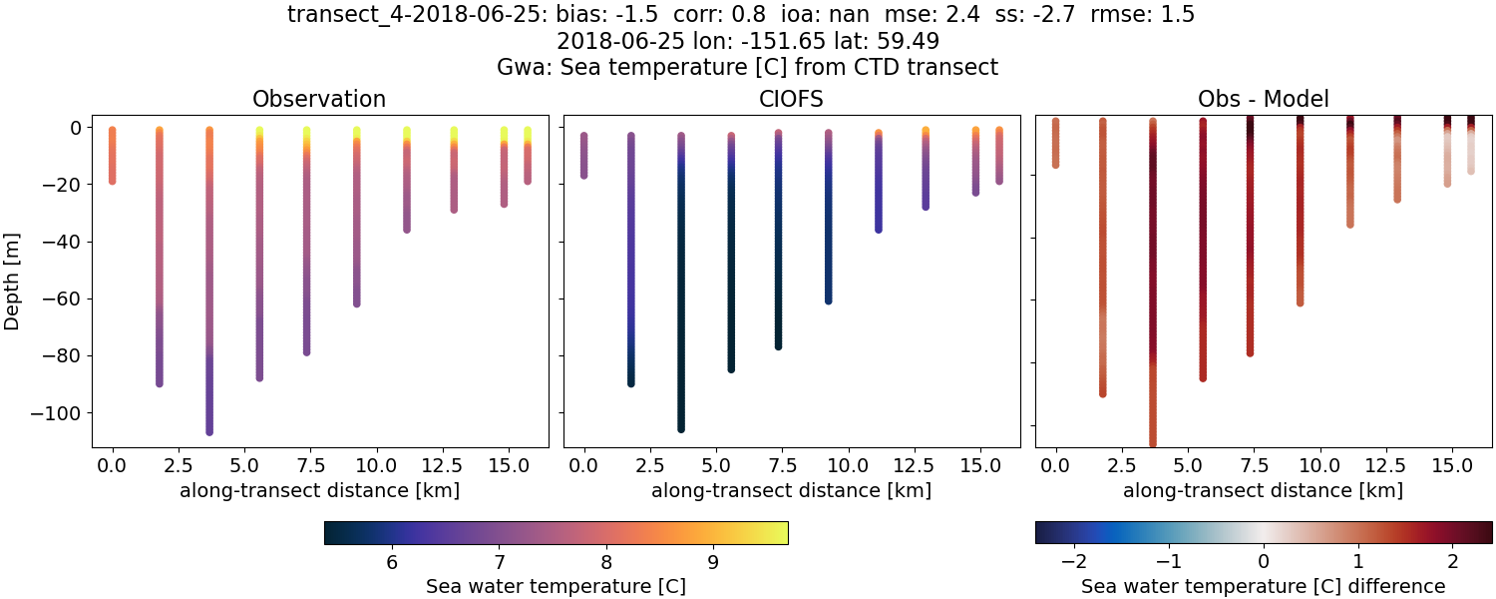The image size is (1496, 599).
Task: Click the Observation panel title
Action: pos(319,99)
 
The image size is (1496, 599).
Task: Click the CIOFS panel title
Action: pos(792,99)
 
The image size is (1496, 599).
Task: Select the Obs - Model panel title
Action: pos(1264,99)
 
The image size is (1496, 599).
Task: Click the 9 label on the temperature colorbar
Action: pos(712,562)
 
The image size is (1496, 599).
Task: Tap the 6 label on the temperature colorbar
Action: pos(392,562)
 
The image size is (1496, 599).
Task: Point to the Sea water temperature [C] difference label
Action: pos(1264,586)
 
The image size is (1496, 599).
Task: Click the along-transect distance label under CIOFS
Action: pos(792,490)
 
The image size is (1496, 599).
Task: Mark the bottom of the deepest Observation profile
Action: pos(209,431)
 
